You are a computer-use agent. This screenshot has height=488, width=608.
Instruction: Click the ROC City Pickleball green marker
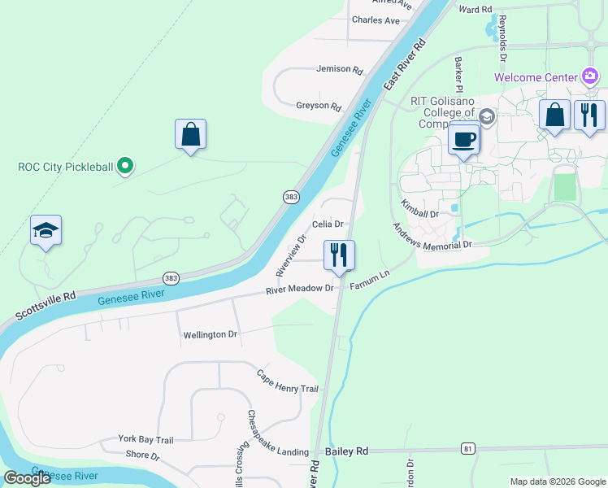(x=124, y=167)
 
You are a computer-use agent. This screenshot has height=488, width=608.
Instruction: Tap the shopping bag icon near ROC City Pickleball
(x=190, y=134)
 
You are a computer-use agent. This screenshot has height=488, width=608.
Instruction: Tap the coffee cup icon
(x=464, y=138)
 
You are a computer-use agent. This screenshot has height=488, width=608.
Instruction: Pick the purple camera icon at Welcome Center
(x=591, y=77)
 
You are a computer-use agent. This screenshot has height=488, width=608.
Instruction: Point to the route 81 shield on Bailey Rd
(x=467, y=448)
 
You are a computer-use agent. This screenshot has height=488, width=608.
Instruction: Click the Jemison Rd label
(x=340, y=70)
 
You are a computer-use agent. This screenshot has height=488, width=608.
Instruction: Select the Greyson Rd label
(x=319, y=106)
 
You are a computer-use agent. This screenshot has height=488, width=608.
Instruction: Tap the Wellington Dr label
(x=210, y=334)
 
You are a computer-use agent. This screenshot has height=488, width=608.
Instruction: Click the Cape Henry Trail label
(x=288, y=381)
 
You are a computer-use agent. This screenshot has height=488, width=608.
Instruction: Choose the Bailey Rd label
(x=346, y=451)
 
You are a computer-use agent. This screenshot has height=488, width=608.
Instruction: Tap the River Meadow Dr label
(x=301, y=289)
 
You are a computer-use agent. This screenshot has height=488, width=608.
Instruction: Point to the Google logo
(x=27, y=478)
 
